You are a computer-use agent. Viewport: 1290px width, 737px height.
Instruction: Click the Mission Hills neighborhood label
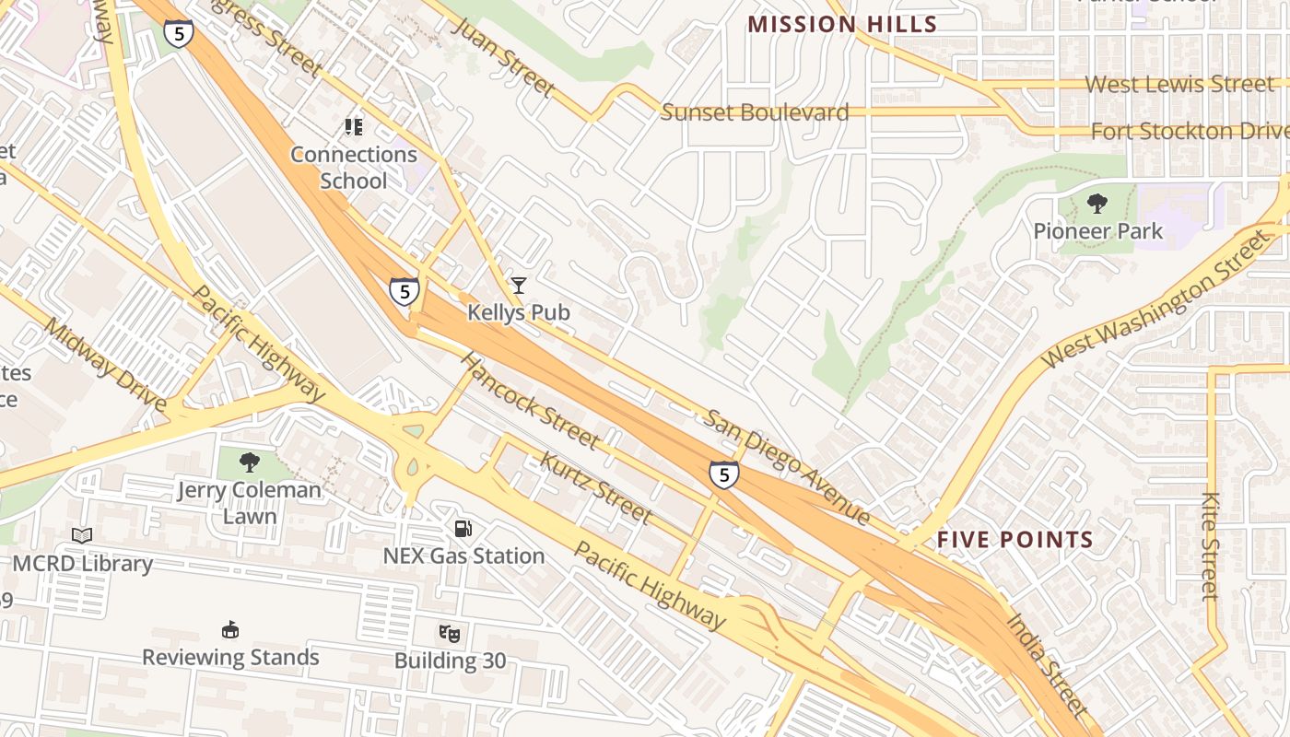click(842, 24)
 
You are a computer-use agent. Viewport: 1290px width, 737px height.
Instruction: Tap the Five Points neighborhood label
click(1014, 540)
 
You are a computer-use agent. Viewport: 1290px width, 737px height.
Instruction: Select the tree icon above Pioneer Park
click(1097, 203)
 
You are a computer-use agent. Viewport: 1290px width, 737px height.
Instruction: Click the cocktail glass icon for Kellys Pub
click(519, 286)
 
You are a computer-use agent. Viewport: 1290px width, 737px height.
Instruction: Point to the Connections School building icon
click(354, 126)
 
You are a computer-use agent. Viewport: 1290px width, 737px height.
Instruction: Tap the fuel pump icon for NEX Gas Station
click(463, 528)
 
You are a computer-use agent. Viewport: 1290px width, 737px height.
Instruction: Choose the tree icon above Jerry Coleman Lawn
click(249, 462)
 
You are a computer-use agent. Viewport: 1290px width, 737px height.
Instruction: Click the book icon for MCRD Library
click(82, 535)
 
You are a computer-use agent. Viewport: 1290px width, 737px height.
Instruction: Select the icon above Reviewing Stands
click(230, 630)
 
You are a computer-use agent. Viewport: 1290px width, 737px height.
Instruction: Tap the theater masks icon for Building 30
click(450, 633)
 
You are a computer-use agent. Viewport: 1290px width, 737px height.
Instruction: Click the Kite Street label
click(1211, 546)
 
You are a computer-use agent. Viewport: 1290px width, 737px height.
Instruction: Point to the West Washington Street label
click(1156, 299)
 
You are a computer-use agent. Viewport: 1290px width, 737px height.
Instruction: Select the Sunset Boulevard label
click(755, 112)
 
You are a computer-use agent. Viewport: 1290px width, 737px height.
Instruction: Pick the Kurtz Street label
click(595, 486)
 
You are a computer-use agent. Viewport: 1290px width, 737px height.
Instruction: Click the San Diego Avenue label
click(787, 467)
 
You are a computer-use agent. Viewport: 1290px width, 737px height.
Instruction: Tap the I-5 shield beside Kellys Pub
click(404, 292)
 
